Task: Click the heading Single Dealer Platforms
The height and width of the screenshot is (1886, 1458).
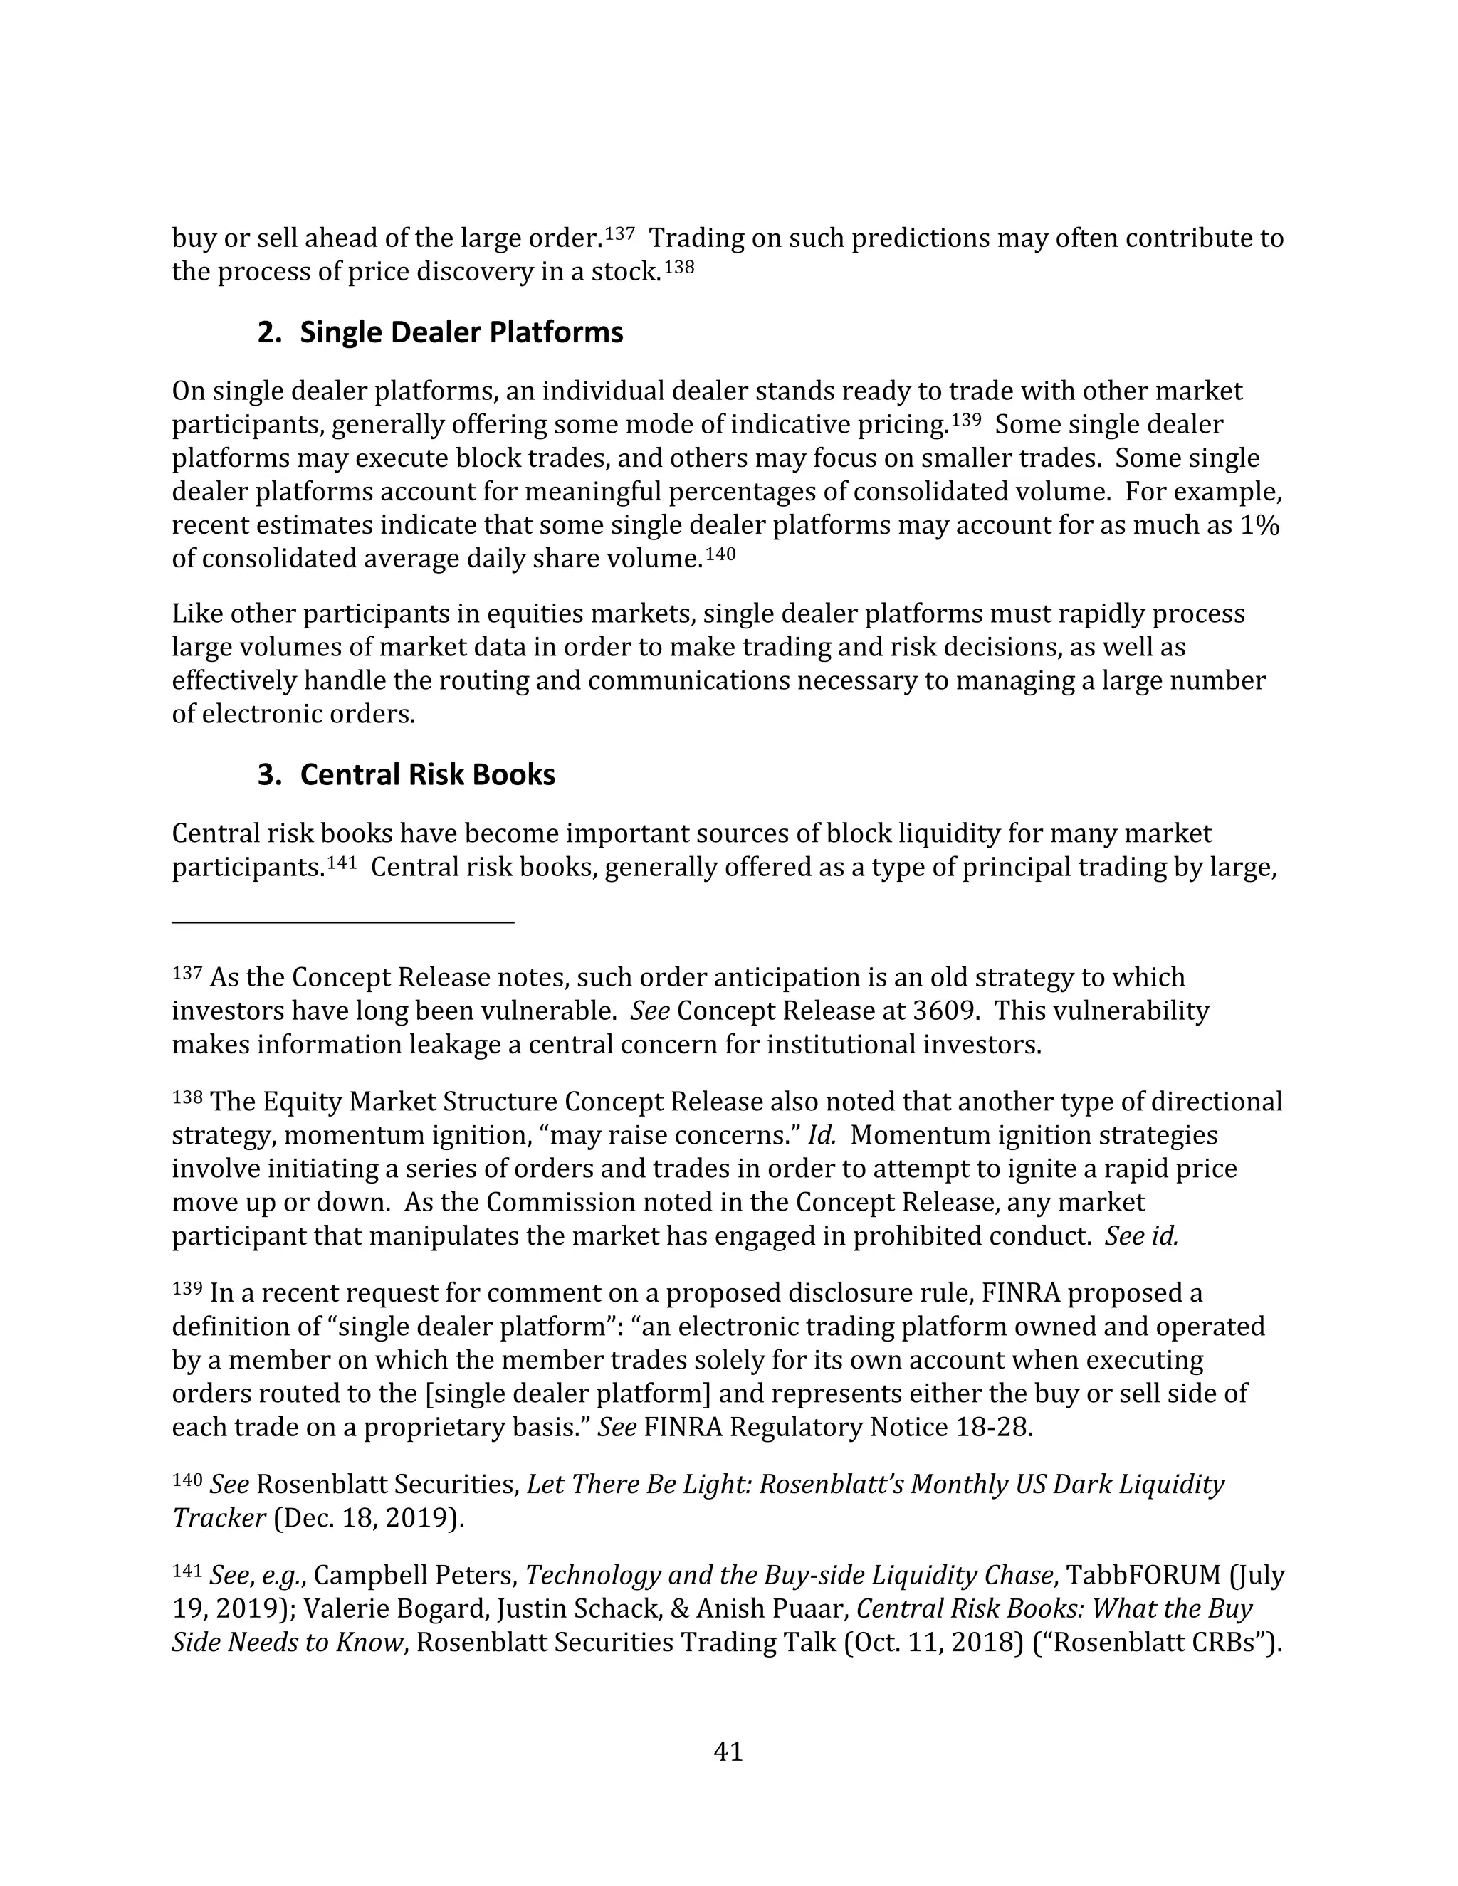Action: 461,332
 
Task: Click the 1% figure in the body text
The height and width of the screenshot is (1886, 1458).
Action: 1259,525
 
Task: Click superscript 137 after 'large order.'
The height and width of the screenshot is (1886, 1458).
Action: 620,233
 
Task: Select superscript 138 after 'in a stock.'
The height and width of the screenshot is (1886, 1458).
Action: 680,267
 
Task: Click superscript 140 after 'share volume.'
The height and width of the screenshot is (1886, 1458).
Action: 721,554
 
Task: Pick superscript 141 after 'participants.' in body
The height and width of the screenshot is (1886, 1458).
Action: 342,863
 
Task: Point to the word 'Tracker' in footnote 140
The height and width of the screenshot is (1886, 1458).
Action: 219,1517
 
